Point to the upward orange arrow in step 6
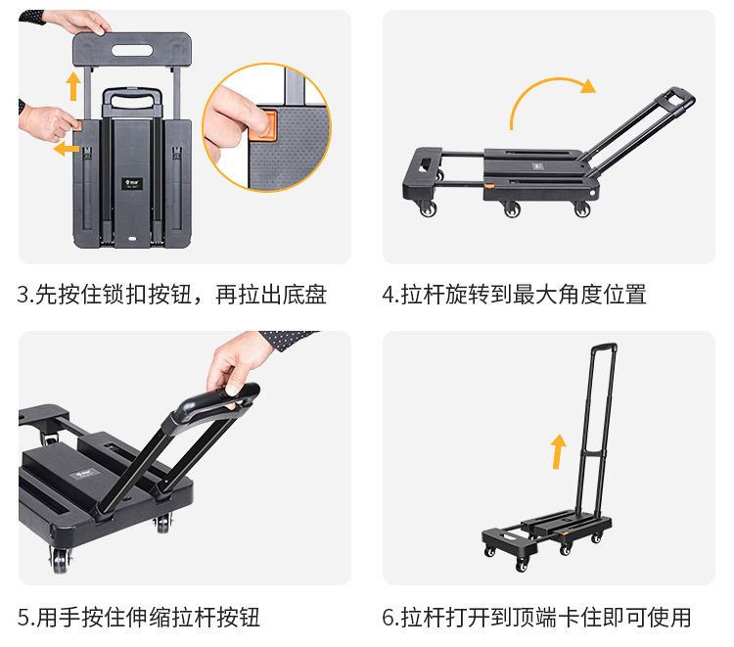pos(558,452)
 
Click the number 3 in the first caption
pos(23,295)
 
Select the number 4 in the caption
pos(388,295)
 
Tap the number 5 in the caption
pos(23,618)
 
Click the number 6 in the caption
pos(388,618)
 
